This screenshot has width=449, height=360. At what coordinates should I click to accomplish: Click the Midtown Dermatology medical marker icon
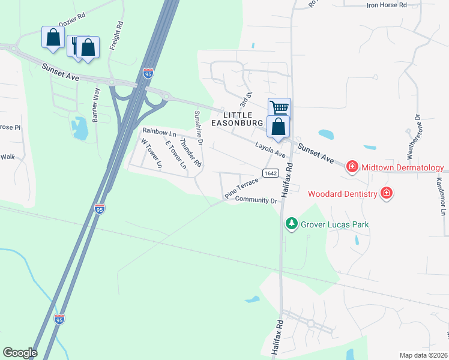click(352, 167)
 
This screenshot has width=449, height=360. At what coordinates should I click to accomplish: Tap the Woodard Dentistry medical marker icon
click(387, 193)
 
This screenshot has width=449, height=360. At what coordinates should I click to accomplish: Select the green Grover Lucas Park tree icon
click(292, 224)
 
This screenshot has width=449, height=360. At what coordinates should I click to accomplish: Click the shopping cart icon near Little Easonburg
click(279, 108)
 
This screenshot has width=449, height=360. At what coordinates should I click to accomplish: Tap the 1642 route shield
click(269, 173)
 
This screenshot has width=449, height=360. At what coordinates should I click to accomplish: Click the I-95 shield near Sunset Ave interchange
click(148, 73)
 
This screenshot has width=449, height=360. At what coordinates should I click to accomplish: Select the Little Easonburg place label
click(237, 118)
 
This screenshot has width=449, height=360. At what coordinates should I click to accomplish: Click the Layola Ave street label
click(270, 149)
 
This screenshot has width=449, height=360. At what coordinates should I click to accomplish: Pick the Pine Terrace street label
click(241, 187)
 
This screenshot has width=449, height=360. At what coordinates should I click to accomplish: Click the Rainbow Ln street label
click(159, 133)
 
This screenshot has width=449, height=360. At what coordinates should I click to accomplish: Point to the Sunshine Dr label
click(198, 128)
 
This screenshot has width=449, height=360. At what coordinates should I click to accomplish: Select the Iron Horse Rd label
click(387, 5)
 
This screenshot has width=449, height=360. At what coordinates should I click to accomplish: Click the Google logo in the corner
click(20, 353)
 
